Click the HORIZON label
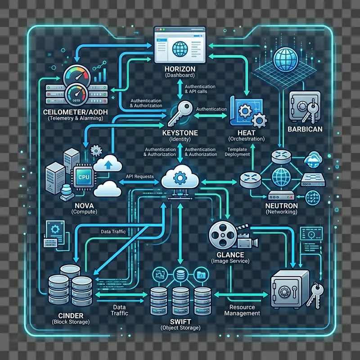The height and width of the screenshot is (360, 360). click(x=180, y=67)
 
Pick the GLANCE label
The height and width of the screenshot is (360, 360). click(x=230, y=254)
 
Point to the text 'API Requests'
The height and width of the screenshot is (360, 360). click(x=141, y=177)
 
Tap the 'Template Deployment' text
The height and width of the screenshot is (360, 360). click(x=238, y=152)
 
